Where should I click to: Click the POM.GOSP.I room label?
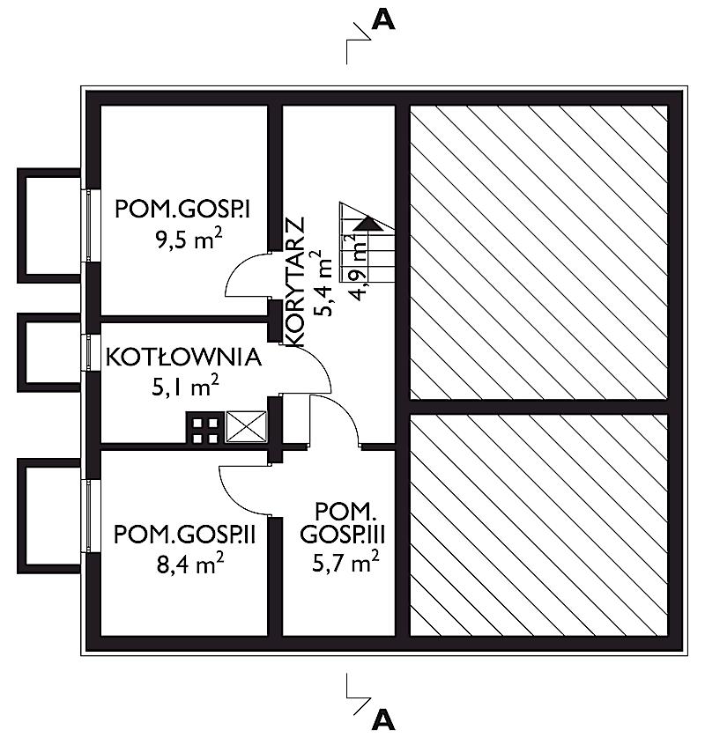(182, 209)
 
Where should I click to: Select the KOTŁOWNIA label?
(183, 357)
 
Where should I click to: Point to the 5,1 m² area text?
(186, 387)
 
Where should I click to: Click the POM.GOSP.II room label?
(184, 535)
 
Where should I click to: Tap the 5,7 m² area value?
(345, 562)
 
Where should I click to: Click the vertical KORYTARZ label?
(296, 283)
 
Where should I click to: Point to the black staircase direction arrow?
(368, 224)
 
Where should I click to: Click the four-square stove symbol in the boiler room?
(205, 428)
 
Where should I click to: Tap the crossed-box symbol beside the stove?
(246, 426)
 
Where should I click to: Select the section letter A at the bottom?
(383, 720)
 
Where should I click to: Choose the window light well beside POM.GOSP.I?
(49, 225)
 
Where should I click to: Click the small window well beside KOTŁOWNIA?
(49, 352)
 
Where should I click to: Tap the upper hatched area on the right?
(538, 253)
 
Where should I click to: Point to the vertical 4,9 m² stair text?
(358, 268)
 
